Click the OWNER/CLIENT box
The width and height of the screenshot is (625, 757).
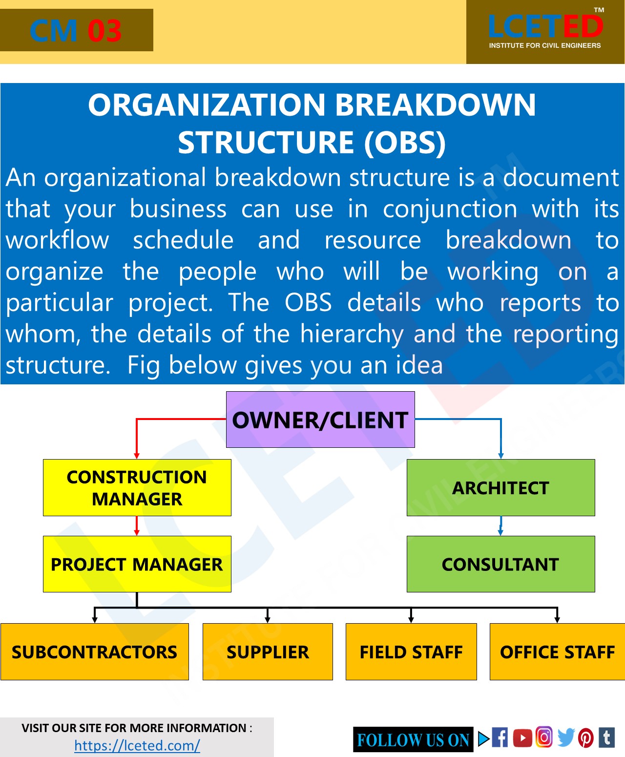pyautogui.click(x=320, y=420)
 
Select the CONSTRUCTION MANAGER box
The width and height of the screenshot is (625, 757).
pyautogui.click(x=137, y=487)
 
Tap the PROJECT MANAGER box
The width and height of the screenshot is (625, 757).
pyautogui.click(x=137, y=564)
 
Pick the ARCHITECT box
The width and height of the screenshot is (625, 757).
pyautogui.click(x=500, y=487)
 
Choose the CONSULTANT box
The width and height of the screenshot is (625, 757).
pyautogui.click(x=500, y=564)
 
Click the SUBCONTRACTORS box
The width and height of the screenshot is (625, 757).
pyautogui.click(x=95, y=652)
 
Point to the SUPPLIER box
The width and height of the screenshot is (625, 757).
pyautogui.click(x=268, y=652)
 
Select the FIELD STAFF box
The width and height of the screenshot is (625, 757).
pyautogui.click(x=411, y=652)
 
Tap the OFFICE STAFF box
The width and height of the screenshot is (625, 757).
pyautogui.click(x=557, y=652)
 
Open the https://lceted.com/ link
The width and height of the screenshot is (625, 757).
pyautogui.click(x=137, y=745)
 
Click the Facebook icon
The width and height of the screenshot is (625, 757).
pyautogui.click(x=500, y=737)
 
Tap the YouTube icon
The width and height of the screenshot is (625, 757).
pyautogui.click(x=522, y=737)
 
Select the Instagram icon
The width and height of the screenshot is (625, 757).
pyautogui.click(x=544, y=737)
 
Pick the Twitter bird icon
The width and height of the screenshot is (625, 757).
pyautogui.click(x=565, y=737)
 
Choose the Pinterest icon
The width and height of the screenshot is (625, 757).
pyautogui.click(x=586, y=737)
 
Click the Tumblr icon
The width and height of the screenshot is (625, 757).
pyautogui.click(x=607, y=737)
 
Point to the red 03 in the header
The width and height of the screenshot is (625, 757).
pyautogui.click(x=104, y=31)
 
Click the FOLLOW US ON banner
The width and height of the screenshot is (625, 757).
pyautogui.click(x=413, y=740)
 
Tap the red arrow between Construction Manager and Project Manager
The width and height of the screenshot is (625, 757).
pyautogui.click(x=137, y=526)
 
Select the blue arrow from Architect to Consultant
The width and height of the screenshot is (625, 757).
pyautogui.click(x=500, y=526)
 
